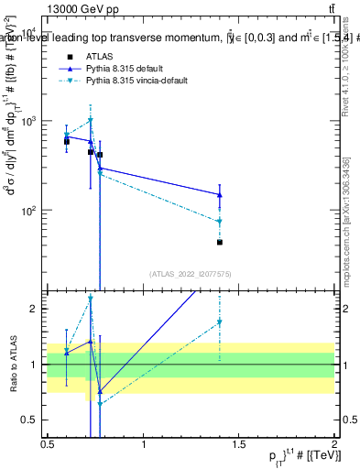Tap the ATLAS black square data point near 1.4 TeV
[220, 243]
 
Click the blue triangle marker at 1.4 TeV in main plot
[220, 194]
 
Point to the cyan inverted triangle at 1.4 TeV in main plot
[220, 222]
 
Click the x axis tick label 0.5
[48, 445]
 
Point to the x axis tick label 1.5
[239, 445]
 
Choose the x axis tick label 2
[334, 445]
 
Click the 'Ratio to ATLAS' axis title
[12, 364]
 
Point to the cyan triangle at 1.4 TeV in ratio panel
[220, 322]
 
